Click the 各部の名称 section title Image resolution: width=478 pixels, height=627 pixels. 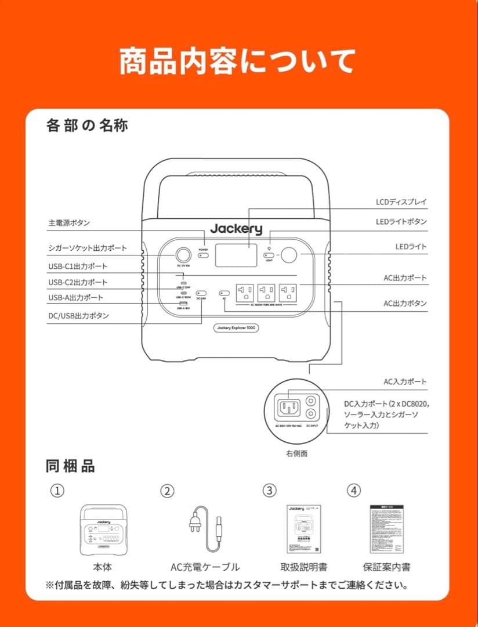[87, 125]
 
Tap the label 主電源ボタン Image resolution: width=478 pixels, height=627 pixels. [68, 223]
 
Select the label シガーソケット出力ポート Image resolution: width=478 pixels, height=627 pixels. [88, 248]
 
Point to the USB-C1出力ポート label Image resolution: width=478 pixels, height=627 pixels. [77, 266]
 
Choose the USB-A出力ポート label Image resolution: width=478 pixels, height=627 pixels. [75, 298]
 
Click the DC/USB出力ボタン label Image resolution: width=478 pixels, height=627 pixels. [78, 316]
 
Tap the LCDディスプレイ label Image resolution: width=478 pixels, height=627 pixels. [401, 202]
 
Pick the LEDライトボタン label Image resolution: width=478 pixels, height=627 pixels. [401, 222]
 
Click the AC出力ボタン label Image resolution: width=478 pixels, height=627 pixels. [405, 304]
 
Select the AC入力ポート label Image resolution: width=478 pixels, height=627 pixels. [405, 382]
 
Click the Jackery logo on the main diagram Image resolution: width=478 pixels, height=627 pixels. [236, 229]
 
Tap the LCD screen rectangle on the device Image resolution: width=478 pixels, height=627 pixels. [236, 255]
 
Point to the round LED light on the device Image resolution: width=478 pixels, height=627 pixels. [288, 255]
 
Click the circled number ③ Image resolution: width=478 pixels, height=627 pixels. [269, 491]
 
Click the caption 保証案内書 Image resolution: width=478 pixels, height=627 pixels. [386, 567]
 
